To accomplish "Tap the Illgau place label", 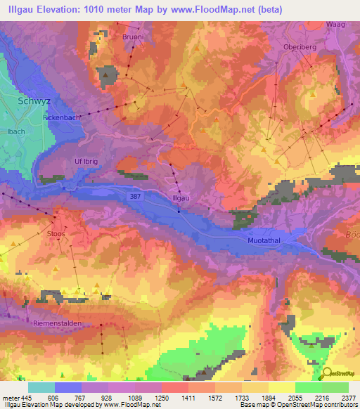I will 181,198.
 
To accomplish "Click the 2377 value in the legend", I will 348,398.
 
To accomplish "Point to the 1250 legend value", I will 162,398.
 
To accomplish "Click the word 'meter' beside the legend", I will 10,398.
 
